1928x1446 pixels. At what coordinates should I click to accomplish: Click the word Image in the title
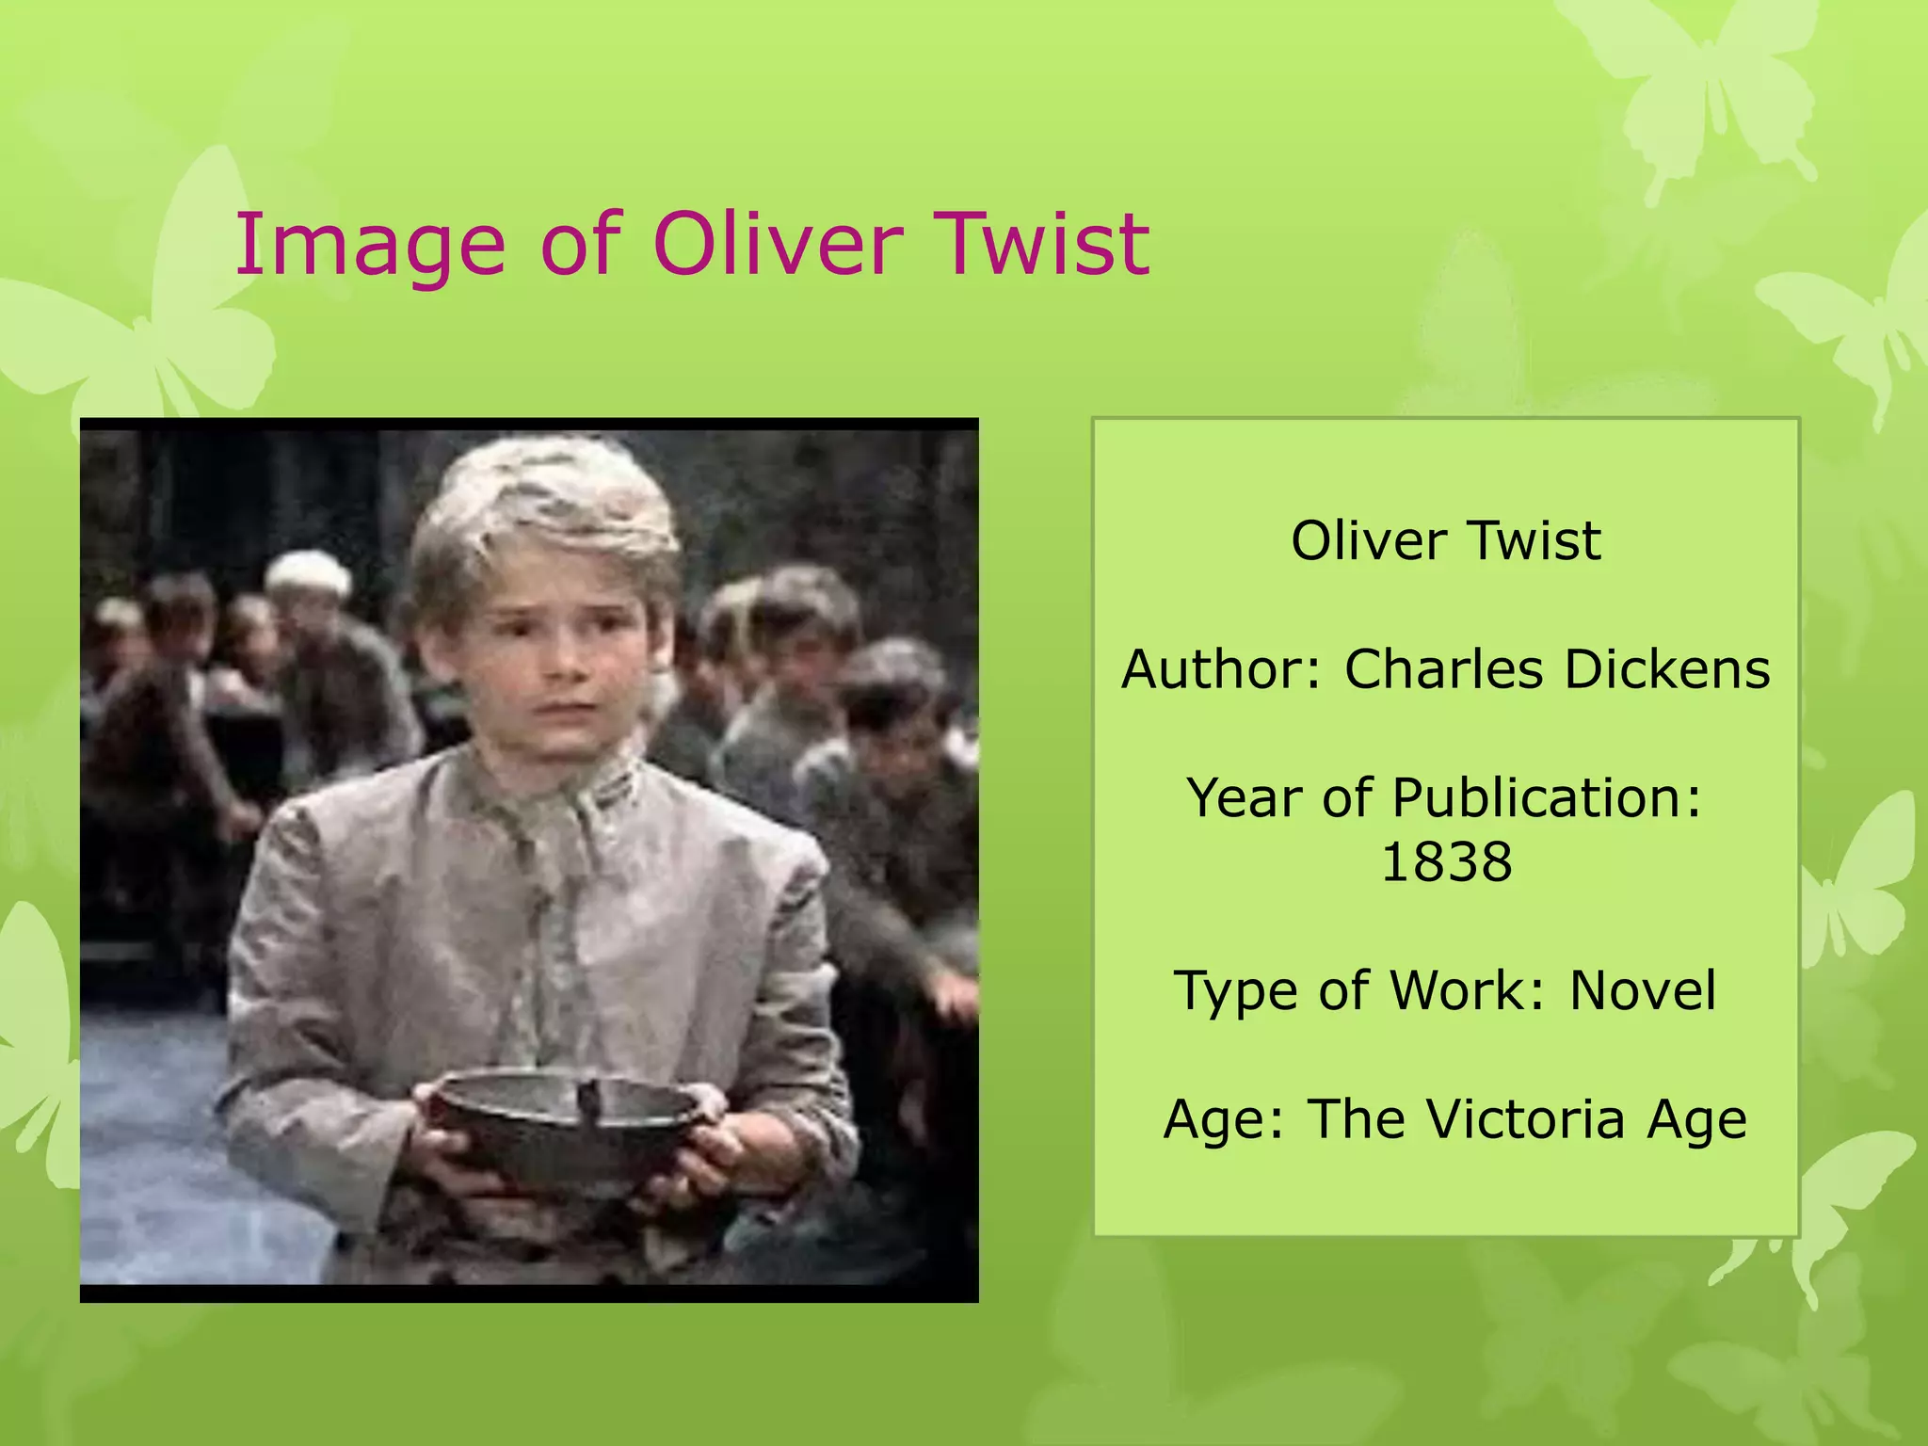(370, 247)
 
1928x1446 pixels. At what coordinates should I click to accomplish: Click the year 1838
(1446, 861)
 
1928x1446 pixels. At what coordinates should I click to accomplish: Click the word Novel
(1643, 990)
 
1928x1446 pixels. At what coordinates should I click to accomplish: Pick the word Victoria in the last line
(1526, 1119)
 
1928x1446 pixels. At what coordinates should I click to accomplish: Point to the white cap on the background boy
(307, 570)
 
